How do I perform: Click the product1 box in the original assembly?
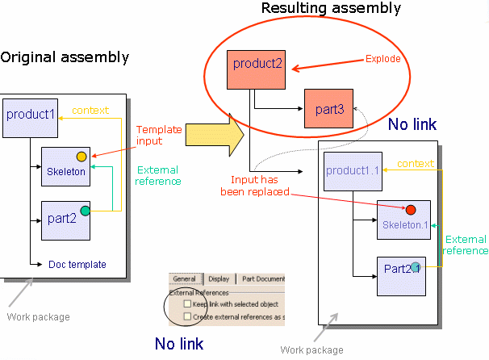pyautogui.click(x=31, y=115)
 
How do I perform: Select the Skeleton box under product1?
pyautogui.click(x=66, y=167)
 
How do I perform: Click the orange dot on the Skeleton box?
pyautogui.click(x=81, y=156)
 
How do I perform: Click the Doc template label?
pyautogui.click(x=77, y=264)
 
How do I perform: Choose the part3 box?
pyautogui.click(x=328, y=108)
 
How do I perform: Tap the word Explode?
pyautogui.click(x=383, y=59)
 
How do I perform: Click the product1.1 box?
pyautogui.click(x=353, y=171)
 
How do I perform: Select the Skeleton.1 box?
pyautogui.click(x=403, y=220)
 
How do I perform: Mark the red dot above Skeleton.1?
pyautogui.click(x=411, y=210)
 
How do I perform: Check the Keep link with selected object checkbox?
pyautogui.click(x=187, y=303)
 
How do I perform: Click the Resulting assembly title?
pyautogui.click(x=331, y=9)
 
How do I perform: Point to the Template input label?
pyautogui.click(x=159, y=135)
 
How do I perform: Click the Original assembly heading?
pyautogui.click(x=65, y=57)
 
